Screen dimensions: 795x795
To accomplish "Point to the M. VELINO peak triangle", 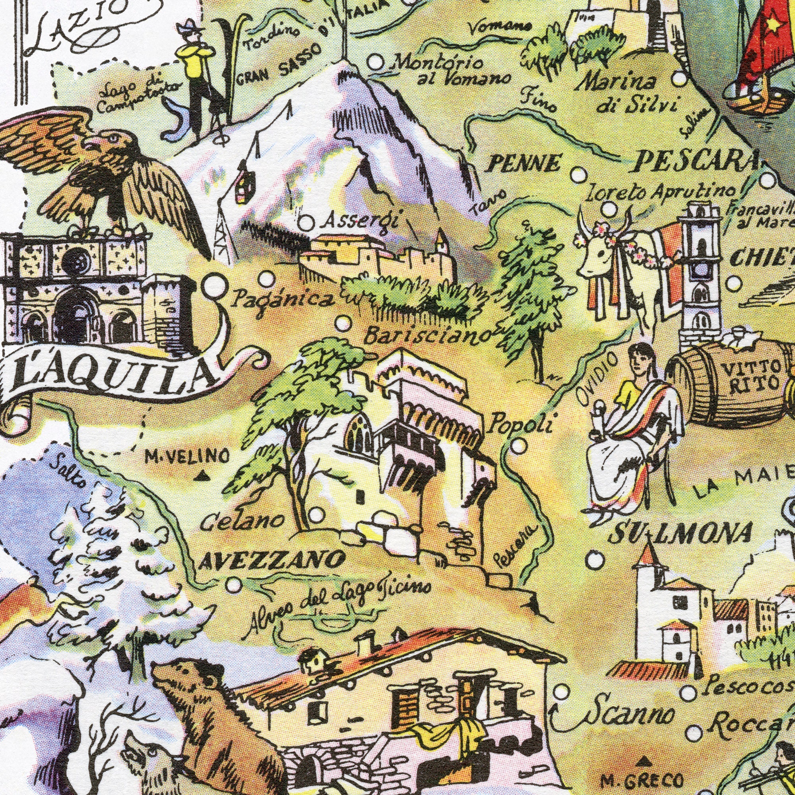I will pos(201,477).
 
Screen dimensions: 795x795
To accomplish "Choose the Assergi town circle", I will pos(306,224).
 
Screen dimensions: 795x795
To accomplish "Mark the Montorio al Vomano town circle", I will pos(375,63).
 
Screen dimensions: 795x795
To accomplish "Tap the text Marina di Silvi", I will pos(628,95).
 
